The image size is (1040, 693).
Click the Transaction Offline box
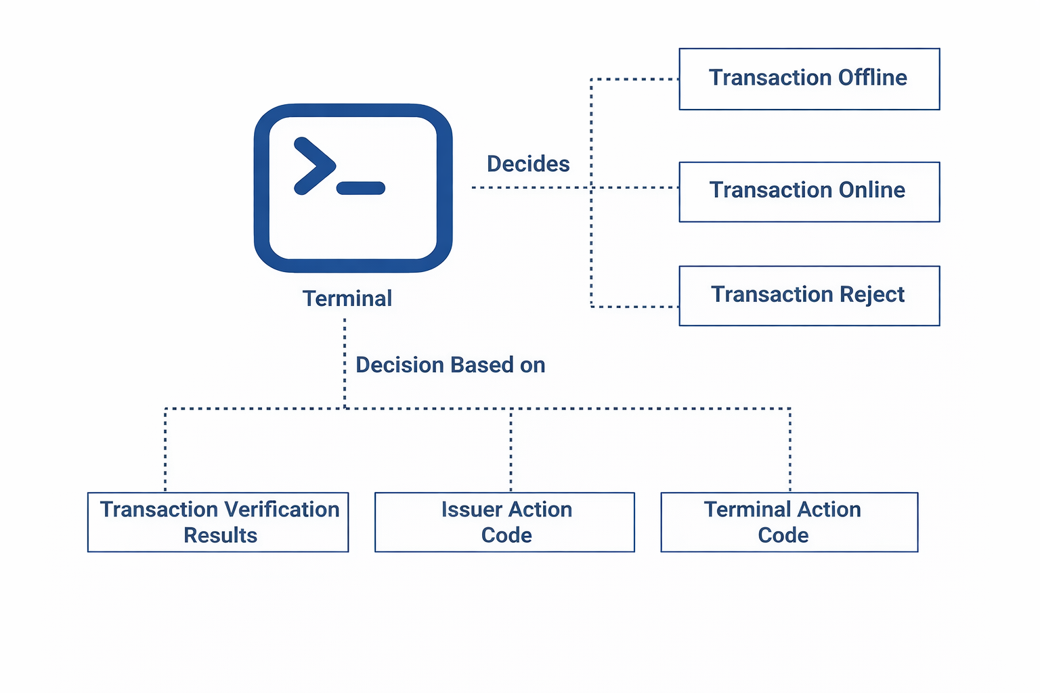coord(809,79)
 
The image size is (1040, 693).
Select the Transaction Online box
coord(809,192)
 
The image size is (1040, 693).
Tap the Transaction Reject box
coord(809,296)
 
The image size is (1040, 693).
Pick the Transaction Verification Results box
coord(218,522)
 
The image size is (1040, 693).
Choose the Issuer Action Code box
coord(504,522)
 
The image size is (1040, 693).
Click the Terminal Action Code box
coord(789,522)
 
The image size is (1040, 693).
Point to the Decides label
coord(528,164)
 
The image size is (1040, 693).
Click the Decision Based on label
coord(450,365)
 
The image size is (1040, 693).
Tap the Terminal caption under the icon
coord(347,298)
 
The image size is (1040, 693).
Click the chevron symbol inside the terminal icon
coord(313,166)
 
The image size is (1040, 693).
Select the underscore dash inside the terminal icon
coord(361,188)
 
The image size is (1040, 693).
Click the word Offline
coord(872,78)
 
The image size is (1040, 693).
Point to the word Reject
coord(871,294)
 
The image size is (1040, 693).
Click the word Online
coord(871,190)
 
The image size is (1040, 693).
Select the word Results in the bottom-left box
coord(220,535)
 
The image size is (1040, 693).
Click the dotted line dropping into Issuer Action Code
coord(511,450)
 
